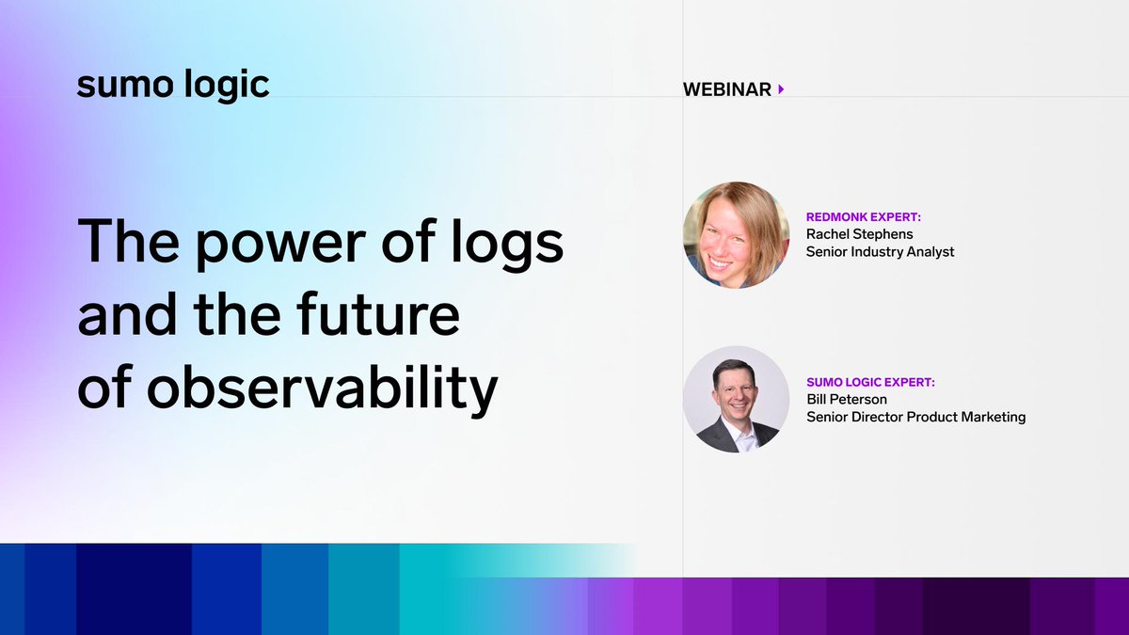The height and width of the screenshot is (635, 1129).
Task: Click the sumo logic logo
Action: pyautogui.click(x=173, y=85)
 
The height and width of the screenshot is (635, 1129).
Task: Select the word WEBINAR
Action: pyautogui.click(x=727, y=89)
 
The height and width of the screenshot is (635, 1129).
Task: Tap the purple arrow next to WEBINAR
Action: pyautogui.click(x=781, y=89)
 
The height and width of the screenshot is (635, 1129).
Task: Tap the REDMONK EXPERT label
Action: pyautogui.click(x=864, y=216)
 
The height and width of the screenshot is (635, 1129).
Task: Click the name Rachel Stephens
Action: pyautogui.click(x=860, y=233)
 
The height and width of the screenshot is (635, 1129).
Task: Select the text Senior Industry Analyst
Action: pyautogui.click(x=880, y=251)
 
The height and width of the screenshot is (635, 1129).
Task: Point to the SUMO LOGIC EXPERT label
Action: pyautogui.click(x=870, y=382)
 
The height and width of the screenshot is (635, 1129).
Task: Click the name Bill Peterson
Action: pyautogui.click(x=847, y=399)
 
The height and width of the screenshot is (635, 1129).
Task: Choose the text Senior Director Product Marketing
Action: pyautogui.click(x=915, y=416)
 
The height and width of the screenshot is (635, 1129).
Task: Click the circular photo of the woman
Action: pyautogui.click(x=736, y=234)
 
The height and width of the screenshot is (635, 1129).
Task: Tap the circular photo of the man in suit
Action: pyautogui.click(x=736, y=399)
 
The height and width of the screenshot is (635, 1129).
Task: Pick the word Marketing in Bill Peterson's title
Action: pyautogui.click(x=993, y=416)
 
